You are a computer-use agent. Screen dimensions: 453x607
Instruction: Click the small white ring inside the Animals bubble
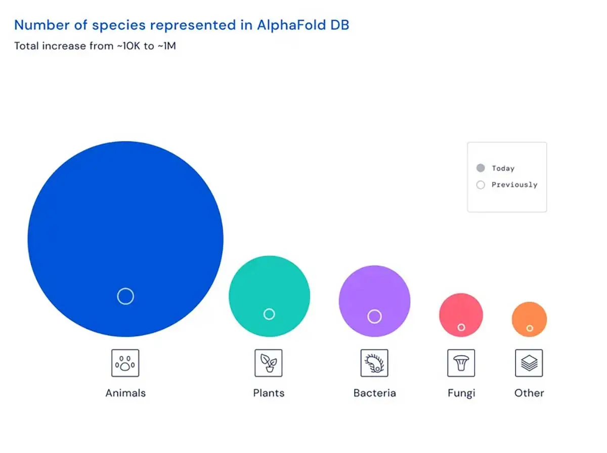point(125,296)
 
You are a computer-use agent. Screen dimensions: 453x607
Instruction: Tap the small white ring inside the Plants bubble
point(269,314)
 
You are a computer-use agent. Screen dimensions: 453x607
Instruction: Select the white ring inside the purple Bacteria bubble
point(374,316)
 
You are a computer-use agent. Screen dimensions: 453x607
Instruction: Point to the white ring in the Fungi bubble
point(461,327)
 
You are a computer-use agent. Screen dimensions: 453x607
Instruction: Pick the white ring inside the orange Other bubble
point(530,328)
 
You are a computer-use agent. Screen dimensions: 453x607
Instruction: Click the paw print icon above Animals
point(125,363)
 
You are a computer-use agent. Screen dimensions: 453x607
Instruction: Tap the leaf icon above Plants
point(269,363)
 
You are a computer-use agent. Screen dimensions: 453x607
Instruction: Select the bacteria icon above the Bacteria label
point(374,363)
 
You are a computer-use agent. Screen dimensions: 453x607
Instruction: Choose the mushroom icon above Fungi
point(461,363)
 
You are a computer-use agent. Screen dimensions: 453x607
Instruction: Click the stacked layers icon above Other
point(529,363)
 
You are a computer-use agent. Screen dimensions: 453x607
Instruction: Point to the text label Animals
point(125,393)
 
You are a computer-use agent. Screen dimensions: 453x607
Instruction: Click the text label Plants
point(269,393)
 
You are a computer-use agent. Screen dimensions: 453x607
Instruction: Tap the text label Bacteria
point(375,393)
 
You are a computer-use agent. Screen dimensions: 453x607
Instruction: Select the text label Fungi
point(461,393)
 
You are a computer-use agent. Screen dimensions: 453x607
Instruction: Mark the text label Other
point(529,393)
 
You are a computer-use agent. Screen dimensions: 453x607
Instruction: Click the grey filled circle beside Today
point(481,168)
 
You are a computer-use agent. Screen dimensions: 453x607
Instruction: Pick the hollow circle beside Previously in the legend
point(481,185)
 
